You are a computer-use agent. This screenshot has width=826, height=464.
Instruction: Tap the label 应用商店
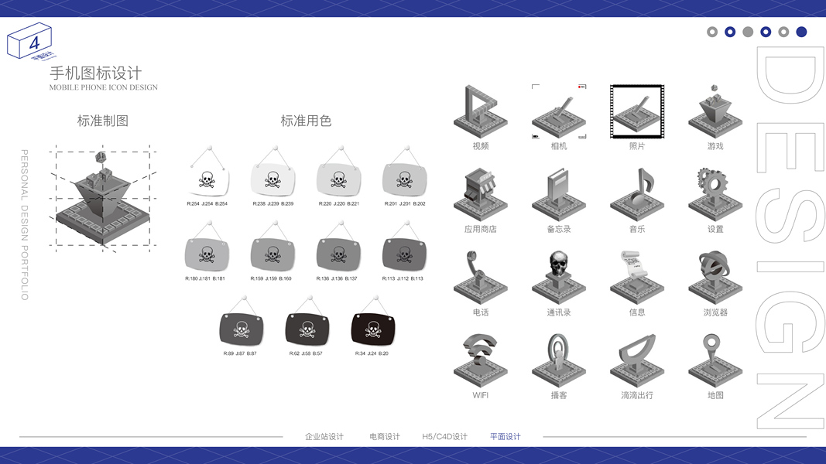tap(480, 229)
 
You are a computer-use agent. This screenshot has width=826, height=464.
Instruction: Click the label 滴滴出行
tap(637, 395)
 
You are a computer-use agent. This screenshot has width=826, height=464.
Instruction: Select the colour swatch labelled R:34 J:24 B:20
tap(373, 329)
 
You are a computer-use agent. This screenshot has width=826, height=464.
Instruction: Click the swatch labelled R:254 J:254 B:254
tap(207, 180)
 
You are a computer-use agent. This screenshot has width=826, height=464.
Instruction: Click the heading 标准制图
tap(103, 121)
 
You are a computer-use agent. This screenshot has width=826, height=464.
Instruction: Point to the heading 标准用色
tap(306, 121)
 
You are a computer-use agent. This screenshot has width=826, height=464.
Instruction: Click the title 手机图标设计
tap(96, 73)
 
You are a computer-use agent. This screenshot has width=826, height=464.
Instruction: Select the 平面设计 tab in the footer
tap(506, 437)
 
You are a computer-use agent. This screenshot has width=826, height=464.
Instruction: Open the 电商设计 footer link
tap(385, 437)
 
